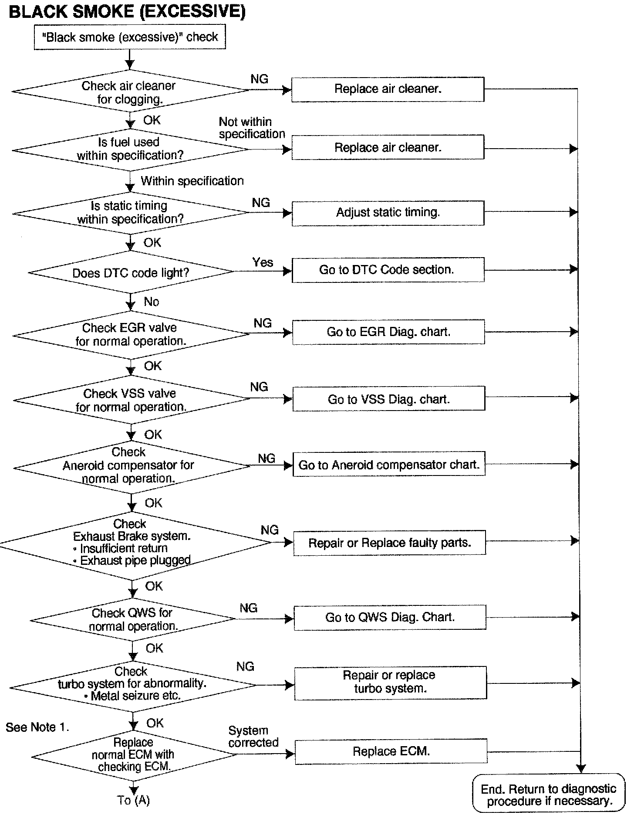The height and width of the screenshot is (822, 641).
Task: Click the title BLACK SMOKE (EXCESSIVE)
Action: (127, 12)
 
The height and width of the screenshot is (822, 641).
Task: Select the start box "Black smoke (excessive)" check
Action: (130, 37)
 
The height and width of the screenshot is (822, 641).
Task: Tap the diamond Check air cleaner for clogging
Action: (130, 92)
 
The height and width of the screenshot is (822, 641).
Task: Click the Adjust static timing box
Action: (388, 213)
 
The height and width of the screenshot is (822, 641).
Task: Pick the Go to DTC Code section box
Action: (388, 270)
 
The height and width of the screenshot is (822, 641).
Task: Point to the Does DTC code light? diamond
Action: (131, 273)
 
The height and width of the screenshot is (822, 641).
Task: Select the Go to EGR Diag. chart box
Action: (388, 332)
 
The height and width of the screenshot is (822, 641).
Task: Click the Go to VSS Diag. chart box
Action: (388, 399)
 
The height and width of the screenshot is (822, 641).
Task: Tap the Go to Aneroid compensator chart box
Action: (389, 465)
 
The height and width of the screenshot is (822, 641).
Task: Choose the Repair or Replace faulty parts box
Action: (389, 543)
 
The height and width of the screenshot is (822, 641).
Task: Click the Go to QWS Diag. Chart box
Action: (390, 618)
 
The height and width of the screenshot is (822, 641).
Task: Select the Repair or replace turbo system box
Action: (390, 683)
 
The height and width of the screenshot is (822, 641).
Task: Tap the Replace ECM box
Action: (391, 751)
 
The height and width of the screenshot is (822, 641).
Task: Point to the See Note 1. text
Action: (37, 727)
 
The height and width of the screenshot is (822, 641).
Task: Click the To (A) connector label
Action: (133, 801)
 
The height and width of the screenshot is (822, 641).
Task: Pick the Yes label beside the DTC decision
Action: (263, 262)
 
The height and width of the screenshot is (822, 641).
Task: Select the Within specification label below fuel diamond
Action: (192, 181)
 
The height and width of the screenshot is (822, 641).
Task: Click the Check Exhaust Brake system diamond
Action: (133, 543)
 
